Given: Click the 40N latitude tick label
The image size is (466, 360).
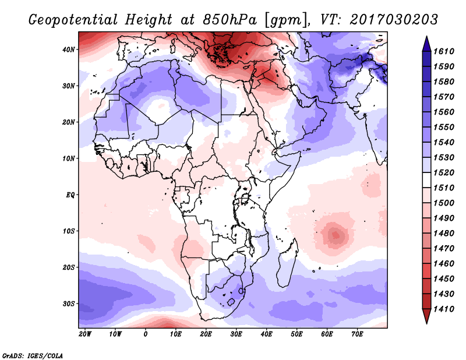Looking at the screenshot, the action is [69, 50].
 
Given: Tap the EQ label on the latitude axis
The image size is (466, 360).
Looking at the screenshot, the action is [70, 195].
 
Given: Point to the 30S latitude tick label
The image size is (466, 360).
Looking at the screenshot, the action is [69, 304].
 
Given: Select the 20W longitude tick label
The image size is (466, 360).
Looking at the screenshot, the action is [85, 334].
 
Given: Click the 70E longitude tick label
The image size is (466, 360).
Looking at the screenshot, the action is [357, 334].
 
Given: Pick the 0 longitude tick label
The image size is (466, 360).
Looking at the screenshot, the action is [145, 334].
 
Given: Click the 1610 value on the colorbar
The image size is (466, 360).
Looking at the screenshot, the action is [444, 51].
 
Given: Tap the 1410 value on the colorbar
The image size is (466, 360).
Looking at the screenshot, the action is [444, 309].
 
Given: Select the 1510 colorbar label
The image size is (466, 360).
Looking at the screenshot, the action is [444, 188].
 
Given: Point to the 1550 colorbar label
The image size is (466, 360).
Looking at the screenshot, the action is [444, 127].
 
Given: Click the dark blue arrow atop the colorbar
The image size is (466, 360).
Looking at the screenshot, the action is [426, 44].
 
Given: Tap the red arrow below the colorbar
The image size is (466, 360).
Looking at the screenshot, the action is [426, 316].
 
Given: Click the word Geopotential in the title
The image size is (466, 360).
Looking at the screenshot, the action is [73, 20].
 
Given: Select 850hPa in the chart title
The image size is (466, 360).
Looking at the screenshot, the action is [230, 20].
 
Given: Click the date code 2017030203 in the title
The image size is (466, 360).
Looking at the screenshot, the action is [394, 20].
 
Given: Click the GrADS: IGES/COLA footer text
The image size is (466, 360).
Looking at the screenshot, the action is [33, 356].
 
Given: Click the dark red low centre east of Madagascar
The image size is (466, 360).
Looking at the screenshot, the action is [336, 235].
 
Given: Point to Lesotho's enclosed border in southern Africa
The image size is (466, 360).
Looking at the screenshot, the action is [231, 303].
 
